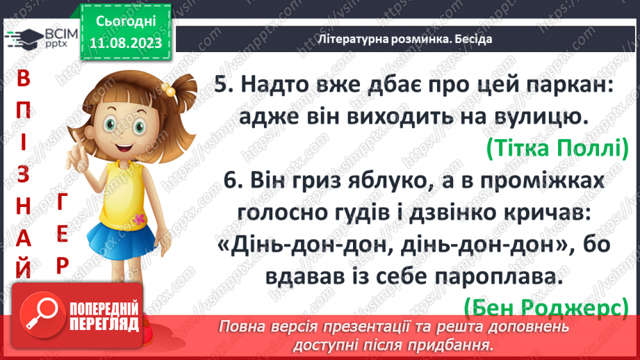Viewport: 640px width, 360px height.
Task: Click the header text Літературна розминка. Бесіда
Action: tap(404, 39)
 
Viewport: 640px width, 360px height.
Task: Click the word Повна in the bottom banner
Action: tap(244, 327)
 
